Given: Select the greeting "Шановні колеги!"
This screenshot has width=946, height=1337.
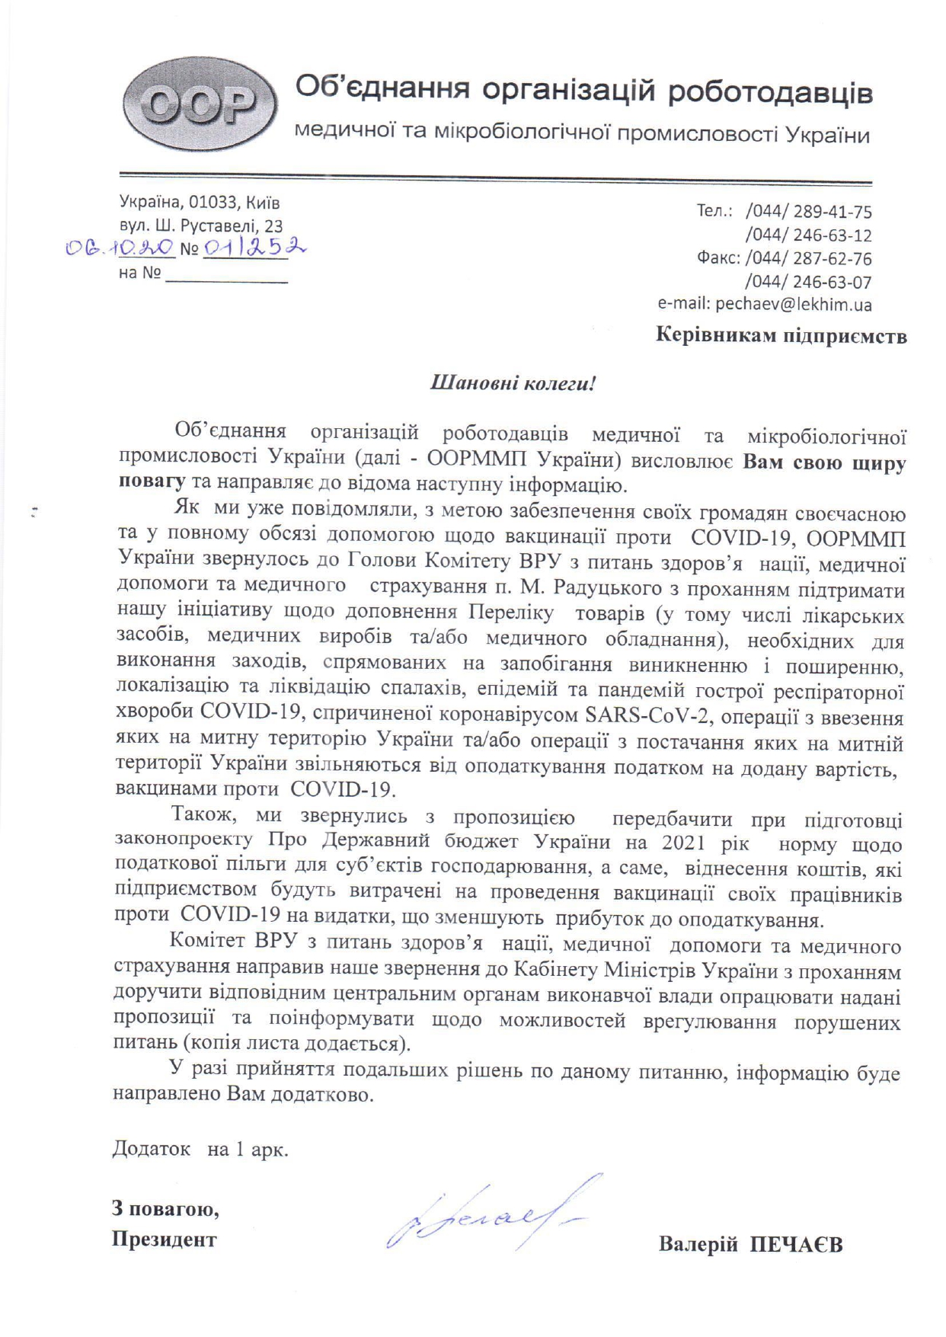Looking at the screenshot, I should pos(513,382).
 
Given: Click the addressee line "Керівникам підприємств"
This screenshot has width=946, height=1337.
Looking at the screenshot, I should pos(781,336).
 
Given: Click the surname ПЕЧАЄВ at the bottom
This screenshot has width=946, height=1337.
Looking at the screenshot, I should pos(797,1245).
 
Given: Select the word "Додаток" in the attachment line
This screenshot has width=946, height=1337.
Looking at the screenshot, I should pos(152,1149).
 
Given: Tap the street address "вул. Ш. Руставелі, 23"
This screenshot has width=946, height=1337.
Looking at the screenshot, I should pos(201,225).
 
